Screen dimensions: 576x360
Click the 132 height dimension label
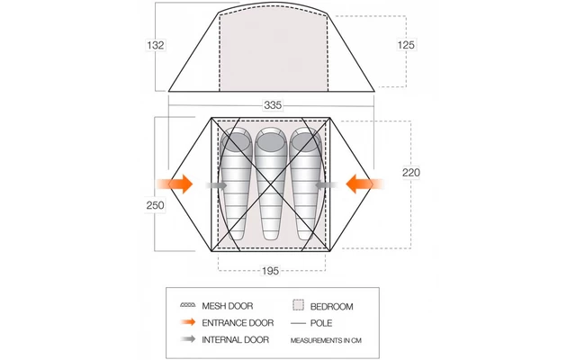tap(156, 45)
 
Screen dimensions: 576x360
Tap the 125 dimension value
tap(406, 45)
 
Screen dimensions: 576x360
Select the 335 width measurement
tap(273, 105)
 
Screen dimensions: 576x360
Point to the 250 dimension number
tap(155, 205)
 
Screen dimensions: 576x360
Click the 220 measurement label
tap(411, 172)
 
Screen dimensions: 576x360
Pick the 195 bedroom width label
tap(270, 271)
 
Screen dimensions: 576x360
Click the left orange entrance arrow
tap(175, 184)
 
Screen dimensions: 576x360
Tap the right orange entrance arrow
tap(364, 184)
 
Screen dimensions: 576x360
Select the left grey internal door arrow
tap(217, 185)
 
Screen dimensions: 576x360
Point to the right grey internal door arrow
tap(326, 185)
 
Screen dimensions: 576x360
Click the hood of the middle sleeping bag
tap(271, 141)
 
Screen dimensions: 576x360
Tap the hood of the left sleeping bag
tap(236, 141)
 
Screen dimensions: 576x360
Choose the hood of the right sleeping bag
tap(305, 141)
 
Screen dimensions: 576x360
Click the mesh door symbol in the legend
tap(188, 305)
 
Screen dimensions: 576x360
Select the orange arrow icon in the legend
tap(188, 322)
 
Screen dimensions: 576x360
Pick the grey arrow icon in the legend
tap(188, 338)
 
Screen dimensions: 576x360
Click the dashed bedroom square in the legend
tap(298, 305)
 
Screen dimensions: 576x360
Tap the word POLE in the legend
tap(321, 323)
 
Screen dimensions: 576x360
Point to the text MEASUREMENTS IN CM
tap(326, 340)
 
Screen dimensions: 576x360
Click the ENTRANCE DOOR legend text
tap(238, 323)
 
